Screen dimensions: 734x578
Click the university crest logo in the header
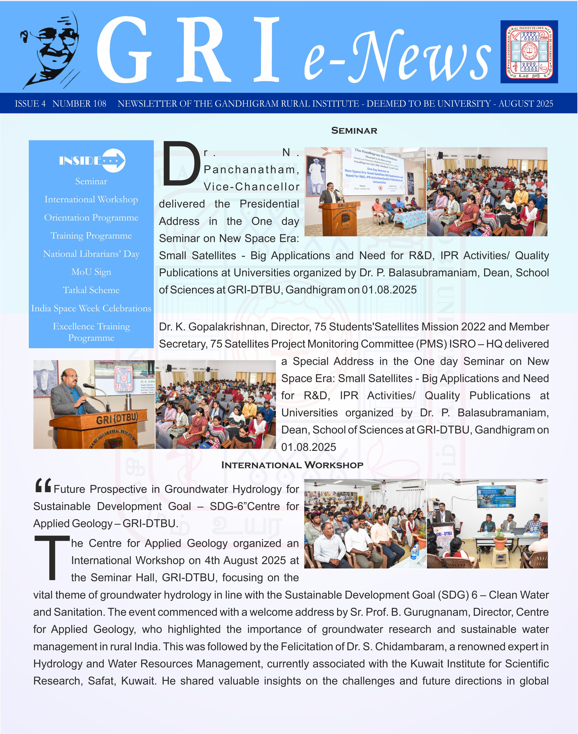tap(529, 52)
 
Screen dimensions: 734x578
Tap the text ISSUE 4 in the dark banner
tap(30, 104)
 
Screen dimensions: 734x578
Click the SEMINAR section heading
tap(354, 131)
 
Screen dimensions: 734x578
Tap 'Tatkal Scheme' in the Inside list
tap(91, 290)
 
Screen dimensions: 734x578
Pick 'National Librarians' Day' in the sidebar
tap(91, 254)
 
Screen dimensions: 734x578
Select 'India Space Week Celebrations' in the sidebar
tap(91, 308)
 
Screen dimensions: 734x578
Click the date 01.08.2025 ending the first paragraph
tap(389, 290)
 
